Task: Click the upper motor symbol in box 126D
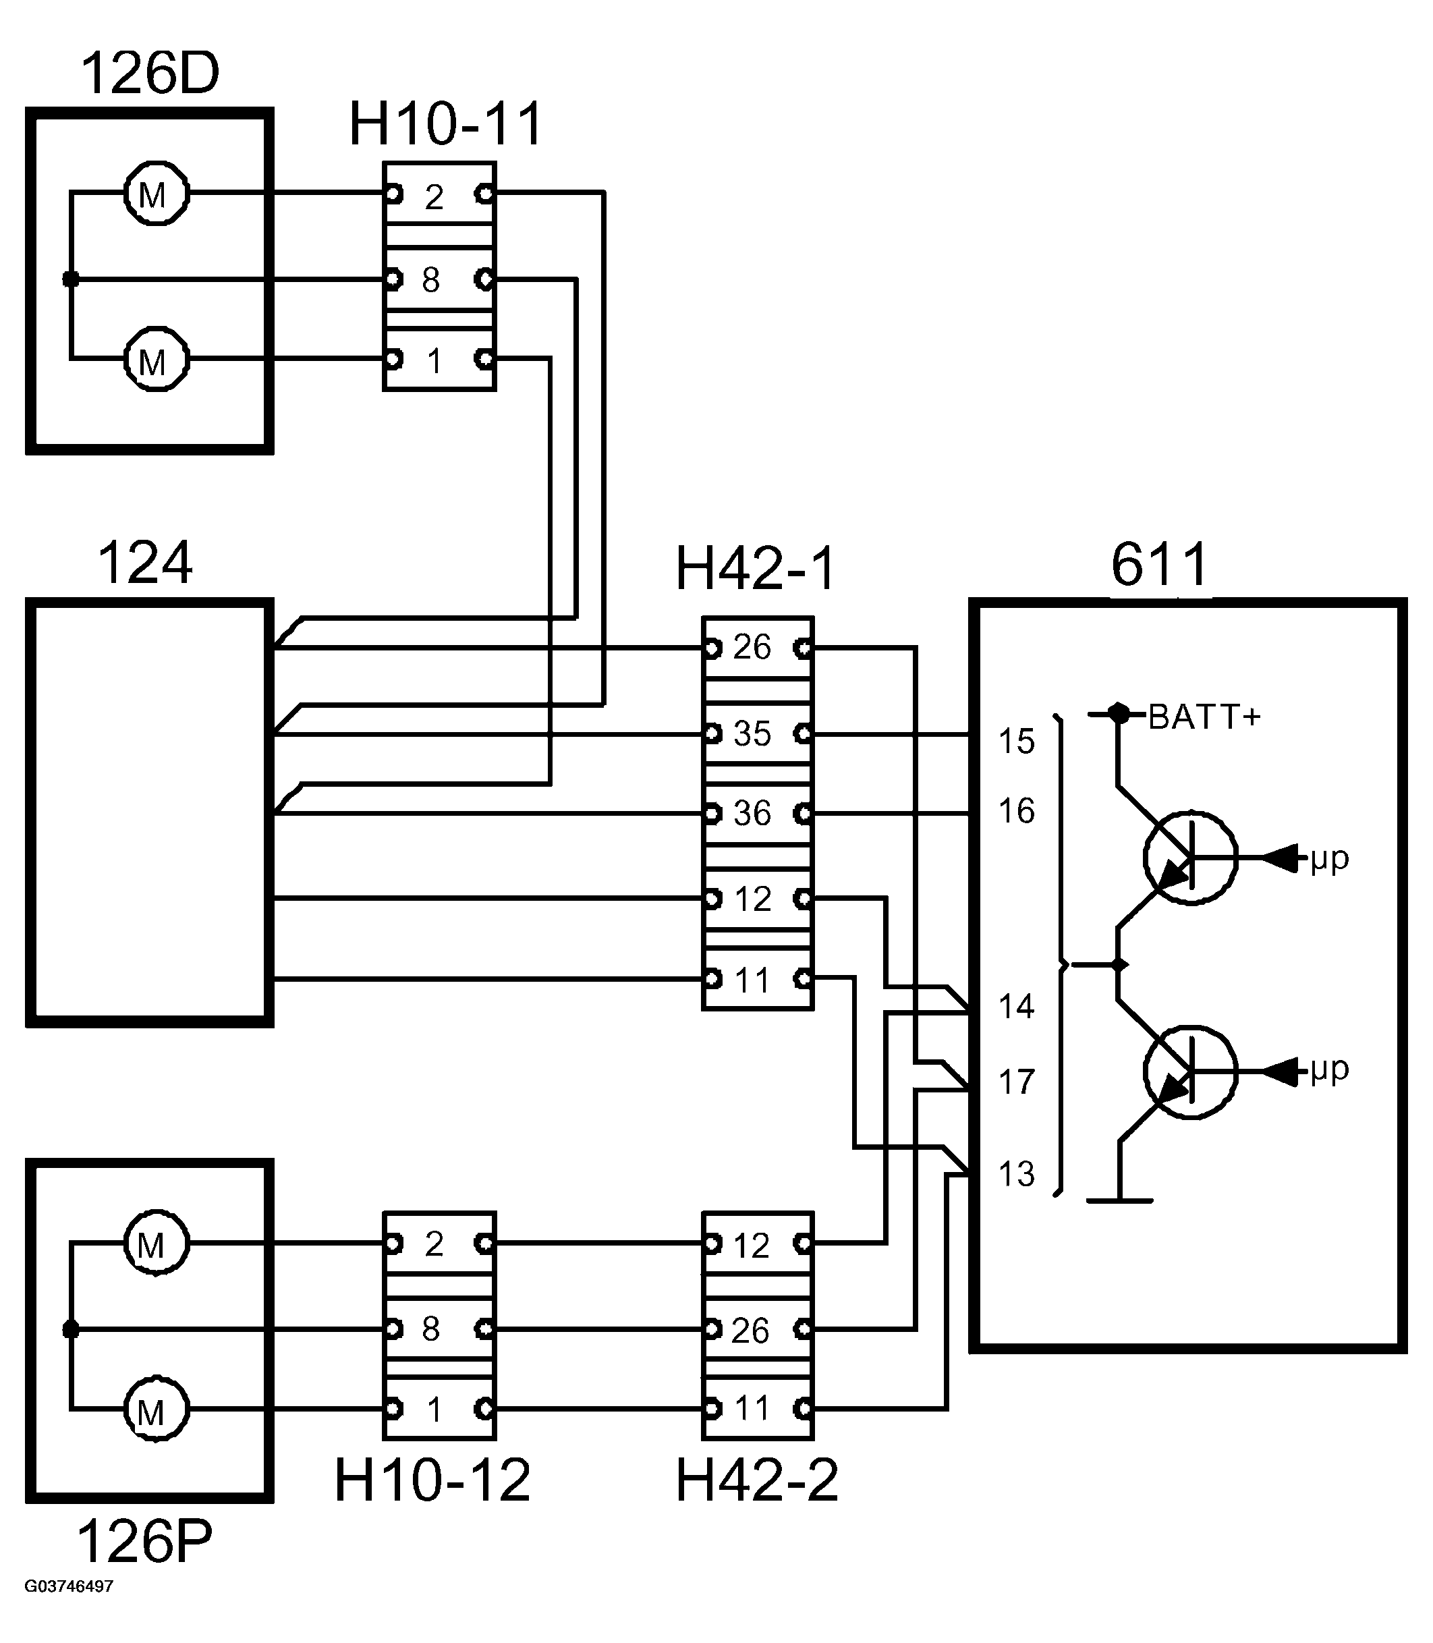point(157,193)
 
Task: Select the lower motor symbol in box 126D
point(157,359)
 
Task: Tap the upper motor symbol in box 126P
point(156,1243)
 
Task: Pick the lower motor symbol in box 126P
point(156,1409)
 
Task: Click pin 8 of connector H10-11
point(439,279)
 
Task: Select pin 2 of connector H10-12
point(439,1244)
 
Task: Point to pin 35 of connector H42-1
point(757,733)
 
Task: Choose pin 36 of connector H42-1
point(757,814)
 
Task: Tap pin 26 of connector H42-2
point(757,1329)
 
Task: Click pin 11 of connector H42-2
point(757,1409)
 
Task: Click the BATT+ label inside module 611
point(1204,717)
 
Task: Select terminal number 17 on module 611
point(1016,1082)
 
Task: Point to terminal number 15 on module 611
point(1016,742)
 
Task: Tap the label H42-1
point(756,569)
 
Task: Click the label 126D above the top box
point(150,73)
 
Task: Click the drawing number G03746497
point(69,1586)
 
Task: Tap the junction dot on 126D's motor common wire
point(71,279)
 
